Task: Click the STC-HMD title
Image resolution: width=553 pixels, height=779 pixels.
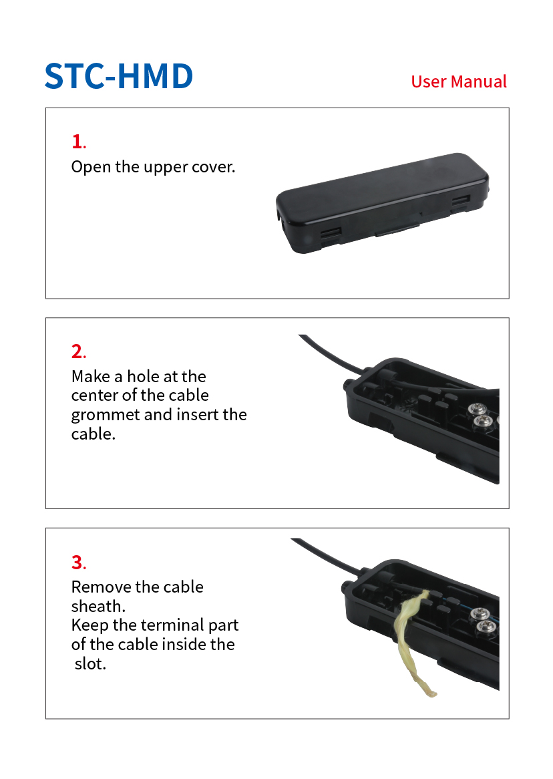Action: tap(119, 77)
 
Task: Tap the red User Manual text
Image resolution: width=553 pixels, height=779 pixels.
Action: tap(459, 82)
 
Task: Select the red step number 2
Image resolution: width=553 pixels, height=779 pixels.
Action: tap(78, 351)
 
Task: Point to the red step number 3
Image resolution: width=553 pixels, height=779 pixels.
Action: tap(78, 563)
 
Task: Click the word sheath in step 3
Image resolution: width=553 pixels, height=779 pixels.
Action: tap(98, 606)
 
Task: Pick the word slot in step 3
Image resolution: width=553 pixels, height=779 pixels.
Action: tap(90, 663)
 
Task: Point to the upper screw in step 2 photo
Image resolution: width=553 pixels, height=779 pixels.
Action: tap(476, 409)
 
